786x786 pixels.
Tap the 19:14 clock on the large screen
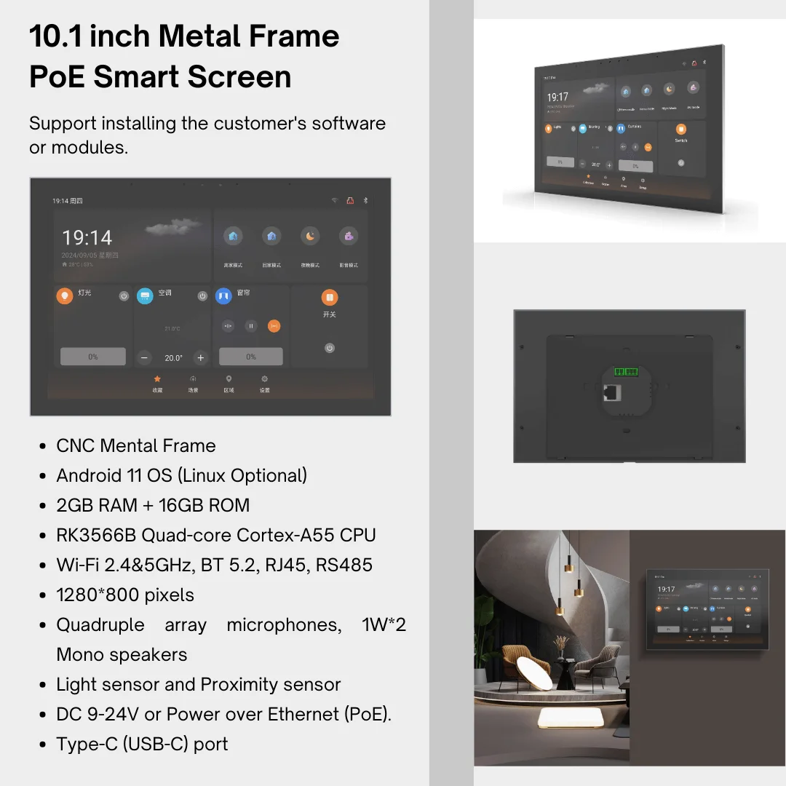[x=87, y=238]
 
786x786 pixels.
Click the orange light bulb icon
[x=65, y=295]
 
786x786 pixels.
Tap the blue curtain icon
[x=223, y=295]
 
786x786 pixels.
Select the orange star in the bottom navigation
[x=157, y=379]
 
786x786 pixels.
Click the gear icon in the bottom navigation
[x=264, y=379]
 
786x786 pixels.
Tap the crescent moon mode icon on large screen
[x=310, y=237]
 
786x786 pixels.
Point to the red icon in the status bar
[x=349, y=200]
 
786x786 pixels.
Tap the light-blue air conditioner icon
[x=145, y=295]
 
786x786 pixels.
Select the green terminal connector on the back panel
[x=626, y=371]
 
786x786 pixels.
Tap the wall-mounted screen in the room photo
[x=707, y=606]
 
